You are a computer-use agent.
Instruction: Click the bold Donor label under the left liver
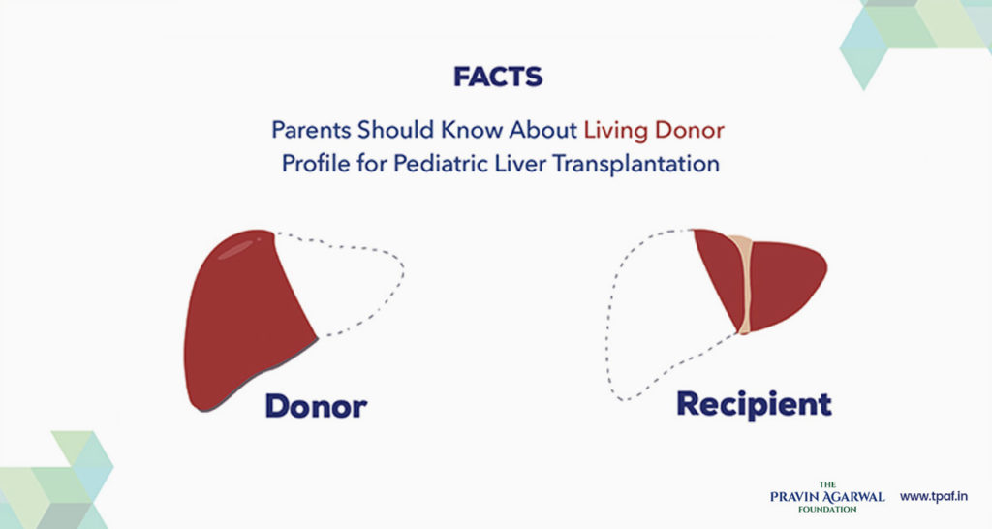[316, 405]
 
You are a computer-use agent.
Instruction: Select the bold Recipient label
[754, 403]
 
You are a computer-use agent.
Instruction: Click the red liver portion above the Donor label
[242, 320]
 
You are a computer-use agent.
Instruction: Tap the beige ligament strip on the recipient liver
[743, 281]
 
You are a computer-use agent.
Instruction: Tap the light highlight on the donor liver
[235, 251]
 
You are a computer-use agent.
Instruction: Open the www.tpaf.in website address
[935, 496]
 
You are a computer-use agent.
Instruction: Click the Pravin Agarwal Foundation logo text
[826, 496]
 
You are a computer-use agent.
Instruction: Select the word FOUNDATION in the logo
[827, 509]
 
